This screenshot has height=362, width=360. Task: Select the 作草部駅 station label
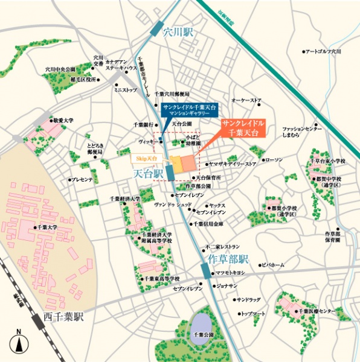click(x=228, y=260)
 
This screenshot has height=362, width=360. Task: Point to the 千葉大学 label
click(x=45, y=227)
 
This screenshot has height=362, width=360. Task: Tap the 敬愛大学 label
click(x=62, y=121)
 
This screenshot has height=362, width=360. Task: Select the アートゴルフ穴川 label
click(x=323, y=52)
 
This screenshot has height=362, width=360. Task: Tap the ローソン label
click(x=274, y=159)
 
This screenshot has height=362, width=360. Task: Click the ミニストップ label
click(x=126, y=90)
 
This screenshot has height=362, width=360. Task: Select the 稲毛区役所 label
click(x=83, y=78)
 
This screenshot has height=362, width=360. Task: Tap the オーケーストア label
click(x=246, y=100)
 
